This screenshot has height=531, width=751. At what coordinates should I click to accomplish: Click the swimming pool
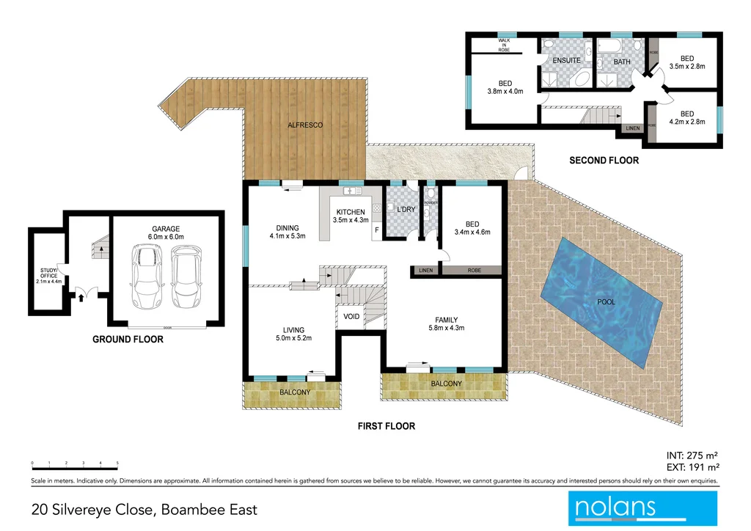tap(606, 301)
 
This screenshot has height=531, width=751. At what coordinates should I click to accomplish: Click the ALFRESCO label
tap(305, 125)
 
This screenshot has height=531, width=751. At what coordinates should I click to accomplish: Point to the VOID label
tap(351, 317)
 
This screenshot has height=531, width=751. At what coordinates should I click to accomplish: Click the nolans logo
tap(642, 507)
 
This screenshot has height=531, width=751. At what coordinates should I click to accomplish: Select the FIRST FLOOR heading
tap(386, 425)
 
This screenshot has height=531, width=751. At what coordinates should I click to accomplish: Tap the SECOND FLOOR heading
tap(604, 160)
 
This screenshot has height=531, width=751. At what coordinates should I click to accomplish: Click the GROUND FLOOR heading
tap(128, 340)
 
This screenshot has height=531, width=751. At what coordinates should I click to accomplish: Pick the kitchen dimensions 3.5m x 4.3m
tap(348, 219)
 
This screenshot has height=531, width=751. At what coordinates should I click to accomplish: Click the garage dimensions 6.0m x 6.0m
tap(166, 237)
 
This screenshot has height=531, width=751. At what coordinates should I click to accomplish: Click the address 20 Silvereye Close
tap(144, 509)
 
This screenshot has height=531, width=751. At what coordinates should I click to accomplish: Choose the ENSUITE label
tap(567, 60)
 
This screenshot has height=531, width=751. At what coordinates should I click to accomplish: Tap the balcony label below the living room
tap(294, 392)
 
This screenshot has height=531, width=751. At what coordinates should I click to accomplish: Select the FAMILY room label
tap(446, 320)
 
